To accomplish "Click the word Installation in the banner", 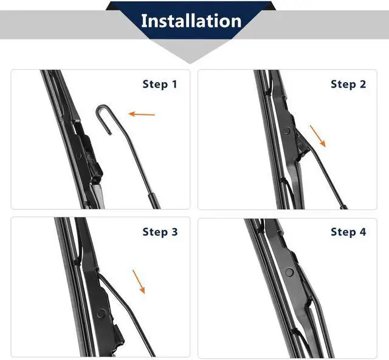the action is point(191,21).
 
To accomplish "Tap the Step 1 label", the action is point(160,84).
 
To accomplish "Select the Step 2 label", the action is point(348,84).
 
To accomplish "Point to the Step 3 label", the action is point(160,232).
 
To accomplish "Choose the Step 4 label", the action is point(348,232).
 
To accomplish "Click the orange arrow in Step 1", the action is point(142,114).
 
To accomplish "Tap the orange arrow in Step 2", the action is point(317,136).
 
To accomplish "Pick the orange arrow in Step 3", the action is point(139,282).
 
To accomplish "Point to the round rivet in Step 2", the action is point(287,130).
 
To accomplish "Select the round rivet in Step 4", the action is point(289,272).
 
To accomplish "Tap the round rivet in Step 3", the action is point(102,314).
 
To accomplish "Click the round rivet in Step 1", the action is point(79,156).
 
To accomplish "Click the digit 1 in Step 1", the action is point(174,84).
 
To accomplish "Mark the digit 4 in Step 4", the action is point(363,232).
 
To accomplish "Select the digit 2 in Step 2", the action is point(363,84).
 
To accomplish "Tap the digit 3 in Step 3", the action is point(174,232).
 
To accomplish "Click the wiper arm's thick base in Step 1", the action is point(154,201).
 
